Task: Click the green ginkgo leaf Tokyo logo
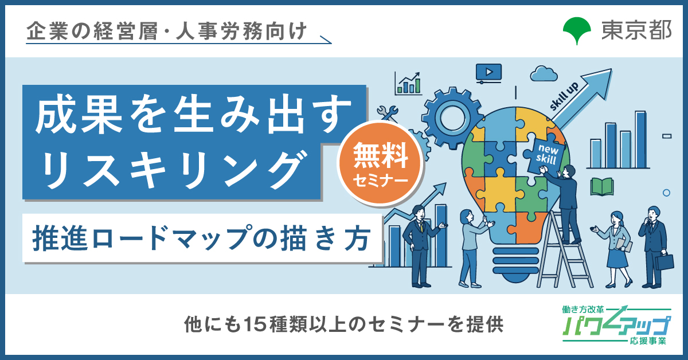pyautogui.click(x=577, y=30)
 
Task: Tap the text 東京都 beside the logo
pyautogui.click(x=636, y=30)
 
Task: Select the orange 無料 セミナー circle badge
pyautogui.click(x=380, y=164)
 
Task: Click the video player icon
pyautogui.click(x=488, y=73)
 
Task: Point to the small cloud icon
pyautogui.click(x=544, y=74)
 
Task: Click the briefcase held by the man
pyautogui.click(x=664, y=262)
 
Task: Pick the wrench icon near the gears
pyautogui.click(x=388, y=113)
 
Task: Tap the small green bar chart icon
pyautogui.click(x=408, y=84)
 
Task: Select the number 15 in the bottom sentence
pyautogui.click(x=255, y=324)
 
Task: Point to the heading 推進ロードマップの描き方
pyautogui.click(x=201, y=238)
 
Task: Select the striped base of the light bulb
pyautogui.click(x=515, y=263)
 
